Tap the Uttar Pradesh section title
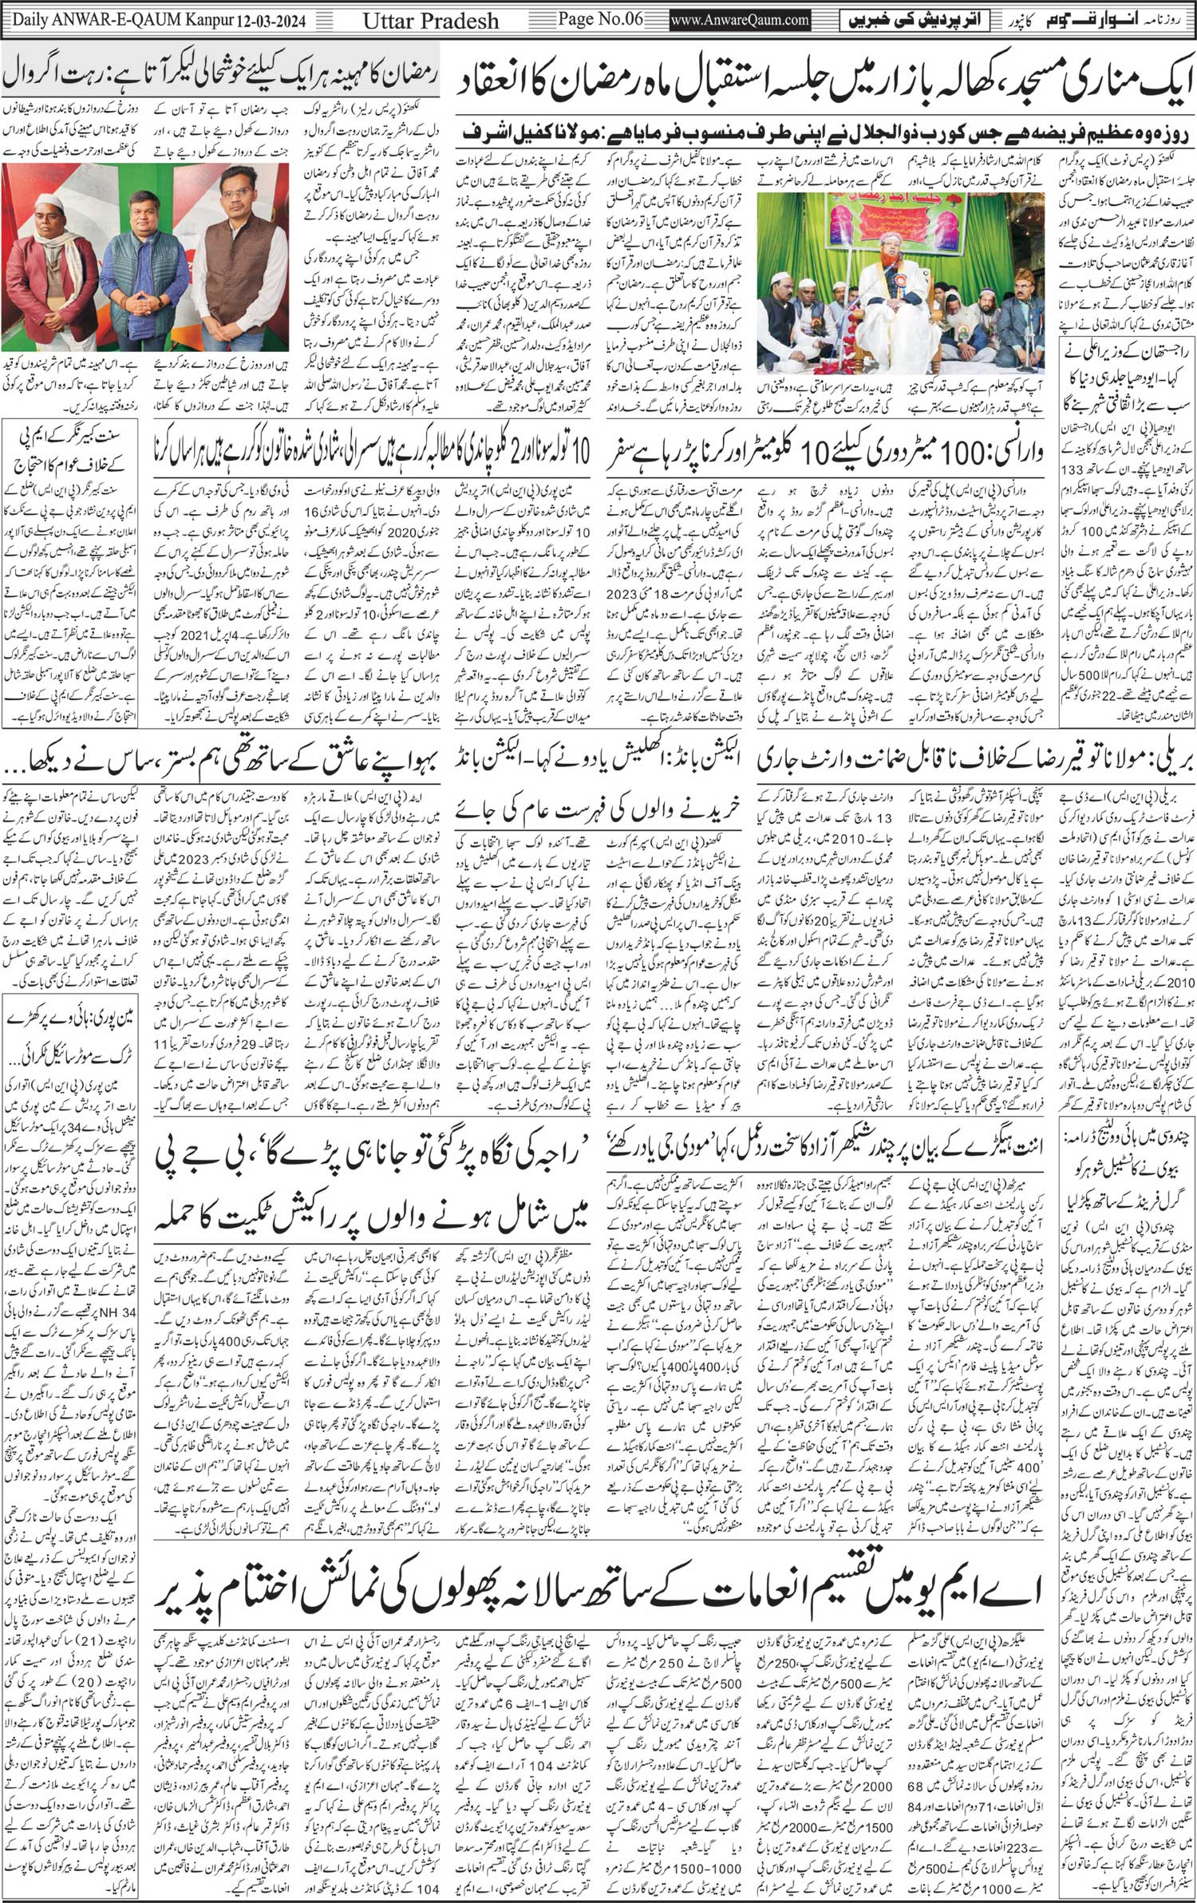coord(431,20)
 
